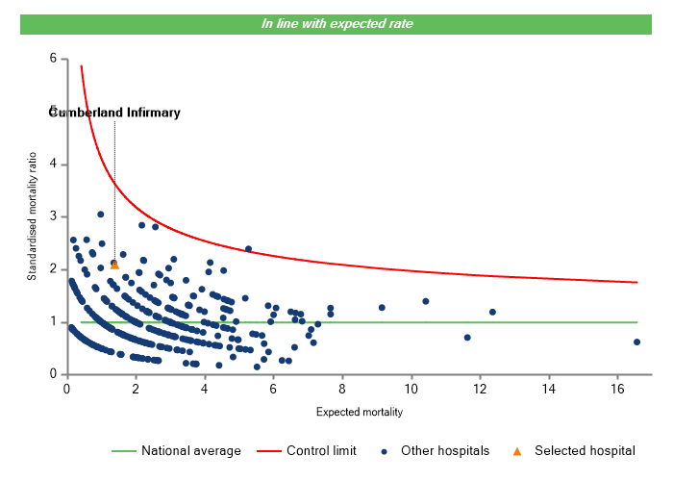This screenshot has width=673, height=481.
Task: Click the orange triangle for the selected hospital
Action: [114, 265]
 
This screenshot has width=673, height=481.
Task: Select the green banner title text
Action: [336, 23]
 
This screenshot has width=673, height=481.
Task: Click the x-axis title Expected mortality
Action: [359, 412]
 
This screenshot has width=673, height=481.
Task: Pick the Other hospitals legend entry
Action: [437, 450]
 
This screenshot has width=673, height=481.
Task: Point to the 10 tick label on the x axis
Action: [411, 389]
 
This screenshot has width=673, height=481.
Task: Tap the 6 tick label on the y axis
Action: [53, 59]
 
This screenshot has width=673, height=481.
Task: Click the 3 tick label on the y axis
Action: [53, 216]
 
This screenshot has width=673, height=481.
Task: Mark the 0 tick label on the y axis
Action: [53, 374]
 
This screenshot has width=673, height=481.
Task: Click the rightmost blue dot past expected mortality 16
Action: [636, 342]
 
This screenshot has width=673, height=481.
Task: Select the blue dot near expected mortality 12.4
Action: [492, 312]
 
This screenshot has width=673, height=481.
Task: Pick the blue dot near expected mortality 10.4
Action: [425, 301]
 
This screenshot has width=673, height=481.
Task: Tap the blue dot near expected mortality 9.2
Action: [382, 307]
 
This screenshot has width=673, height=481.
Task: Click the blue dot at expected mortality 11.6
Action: [467, 338]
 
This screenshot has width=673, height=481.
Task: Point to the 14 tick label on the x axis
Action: [548, 389]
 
